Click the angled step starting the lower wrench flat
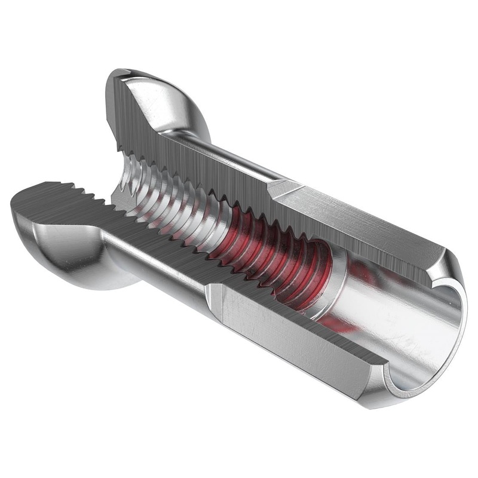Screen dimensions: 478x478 pos(213,299)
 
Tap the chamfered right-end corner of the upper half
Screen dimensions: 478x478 pos(439,263)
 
